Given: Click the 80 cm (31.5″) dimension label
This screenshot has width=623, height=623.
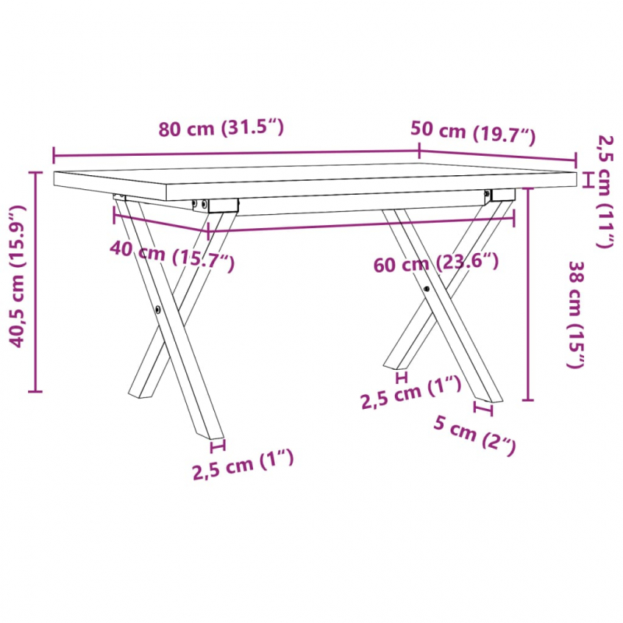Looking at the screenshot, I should (221, 129).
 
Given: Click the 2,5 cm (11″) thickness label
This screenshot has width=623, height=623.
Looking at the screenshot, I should (604, 191).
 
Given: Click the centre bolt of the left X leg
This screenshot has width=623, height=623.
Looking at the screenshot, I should (160, 308).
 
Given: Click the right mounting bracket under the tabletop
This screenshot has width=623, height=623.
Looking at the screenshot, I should (499, 194).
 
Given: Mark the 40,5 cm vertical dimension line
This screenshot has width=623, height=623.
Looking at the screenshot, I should (36, 280).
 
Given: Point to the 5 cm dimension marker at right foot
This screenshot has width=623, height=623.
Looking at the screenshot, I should (484, 407).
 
